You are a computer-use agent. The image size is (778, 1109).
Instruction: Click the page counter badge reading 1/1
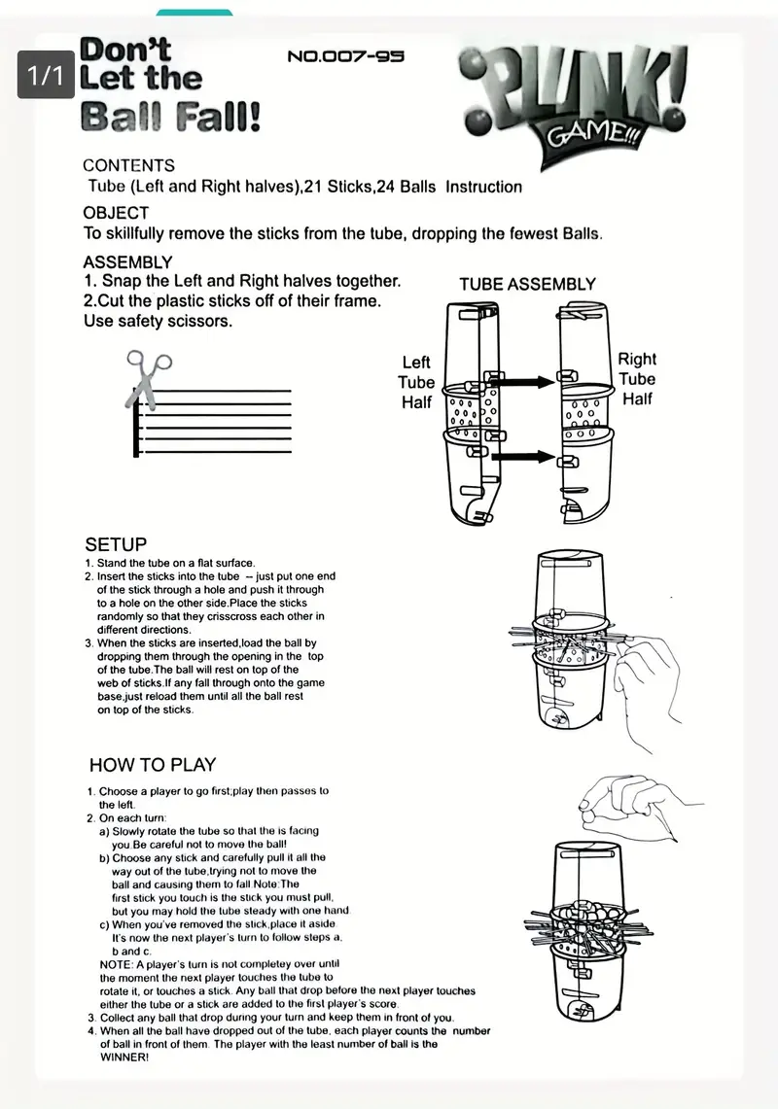click(45, 76)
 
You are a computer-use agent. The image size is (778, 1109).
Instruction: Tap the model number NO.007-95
click(345, 56)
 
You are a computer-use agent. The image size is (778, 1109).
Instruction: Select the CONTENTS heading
click(128, 165)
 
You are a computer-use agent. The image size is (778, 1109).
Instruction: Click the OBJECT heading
click(116, 213)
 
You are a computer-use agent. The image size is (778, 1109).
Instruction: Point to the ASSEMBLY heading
click(127, 261)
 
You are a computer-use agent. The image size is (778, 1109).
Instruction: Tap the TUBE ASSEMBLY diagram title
click(527, 285)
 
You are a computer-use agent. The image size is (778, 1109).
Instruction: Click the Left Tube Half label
click(416, 381)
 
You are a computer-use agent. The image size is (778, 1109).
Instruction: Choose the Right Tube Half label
click(637, 379)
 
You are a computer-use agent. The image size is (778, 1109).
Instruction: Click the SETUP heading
click(116, 544)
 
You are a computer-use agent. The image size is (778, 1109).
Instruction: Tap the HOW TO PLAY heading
click(153, 764)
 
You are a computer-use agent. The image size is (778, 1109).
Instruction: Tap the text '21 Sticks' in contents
click(338, 187)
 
